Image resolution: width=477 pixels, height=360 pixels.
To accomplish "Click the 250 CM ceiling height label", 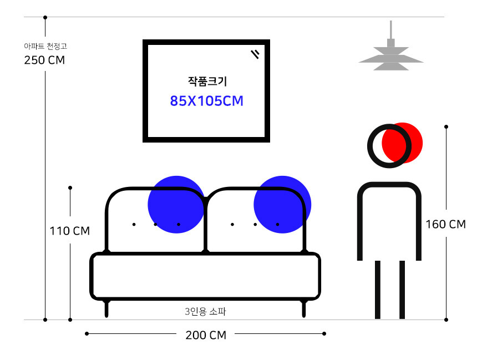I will (44, 60).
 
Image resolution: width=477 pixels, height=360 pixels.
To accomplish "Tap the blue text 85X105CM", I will (207, 101).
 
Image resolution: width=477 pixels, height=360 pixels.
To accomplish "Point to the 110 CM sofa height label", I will (70, 231).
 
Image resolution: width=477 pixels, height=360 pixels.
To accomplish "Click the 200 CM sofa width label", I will (205, 335).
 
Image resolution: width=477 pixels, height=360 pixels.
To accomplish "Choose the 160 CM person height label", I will (445, 224).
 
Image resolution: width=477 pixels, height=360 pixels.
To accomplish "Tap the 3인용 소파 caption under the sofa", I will (205, 312).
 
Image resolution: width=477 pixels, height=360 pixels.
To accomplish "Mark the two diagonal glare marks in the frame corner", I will (255, 54).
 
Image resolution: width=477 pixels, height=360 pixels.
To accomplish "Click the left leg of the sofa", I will (106, 308).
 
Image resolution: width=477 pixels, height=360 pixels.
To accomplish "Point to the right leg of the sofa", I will (303, 308).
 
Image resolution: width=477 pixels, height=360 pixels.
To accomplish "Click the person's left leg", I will (378, 289).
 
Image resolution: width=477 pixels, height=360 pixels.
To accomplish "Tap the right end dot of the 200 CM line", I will (324, 333).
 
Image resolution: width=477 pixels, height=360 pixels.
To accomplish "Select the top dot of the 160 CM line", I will (446, 127).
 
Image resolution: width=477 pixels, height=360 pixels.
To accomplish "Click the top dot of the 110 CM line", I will (70, 187).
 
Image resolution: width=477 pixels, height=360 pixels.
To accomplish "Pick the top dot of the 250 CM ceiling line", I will (45, 18).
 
